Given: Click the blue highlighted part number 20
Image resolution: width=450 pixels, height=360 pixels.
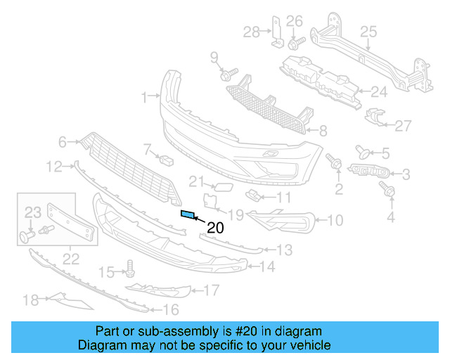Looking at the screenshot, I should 188,215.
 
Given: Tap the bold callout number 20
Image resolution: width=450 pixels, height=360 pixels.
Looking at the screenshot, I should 215,227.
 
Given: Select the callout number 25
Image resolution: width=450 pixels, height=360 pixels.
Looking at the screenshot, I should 369,31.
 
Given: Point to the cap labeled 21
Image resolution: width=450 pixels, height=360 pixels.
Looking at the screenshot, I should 220,187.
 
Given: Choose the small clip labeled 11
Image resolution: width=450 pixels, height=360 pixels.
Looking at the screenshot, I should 252,195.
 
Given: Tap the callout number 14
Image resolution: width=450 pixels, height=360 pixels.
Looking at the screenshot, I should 267,266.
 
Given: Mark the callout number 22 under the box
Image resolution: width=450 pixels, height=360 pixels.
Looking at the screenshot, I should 70,258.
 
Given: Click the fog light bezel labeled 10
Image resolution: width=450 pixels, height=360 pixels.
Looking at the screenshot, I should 281,221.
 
